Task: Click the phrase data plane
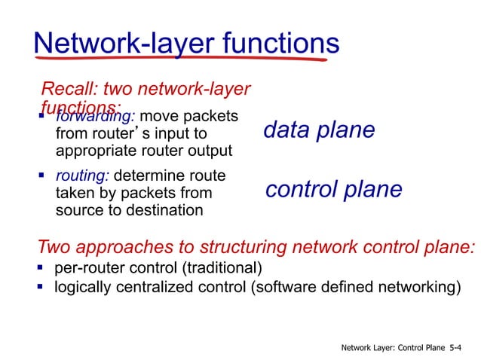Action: [x=319, y=130]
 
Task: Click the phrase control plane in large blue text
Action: [x=334, y=190]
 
